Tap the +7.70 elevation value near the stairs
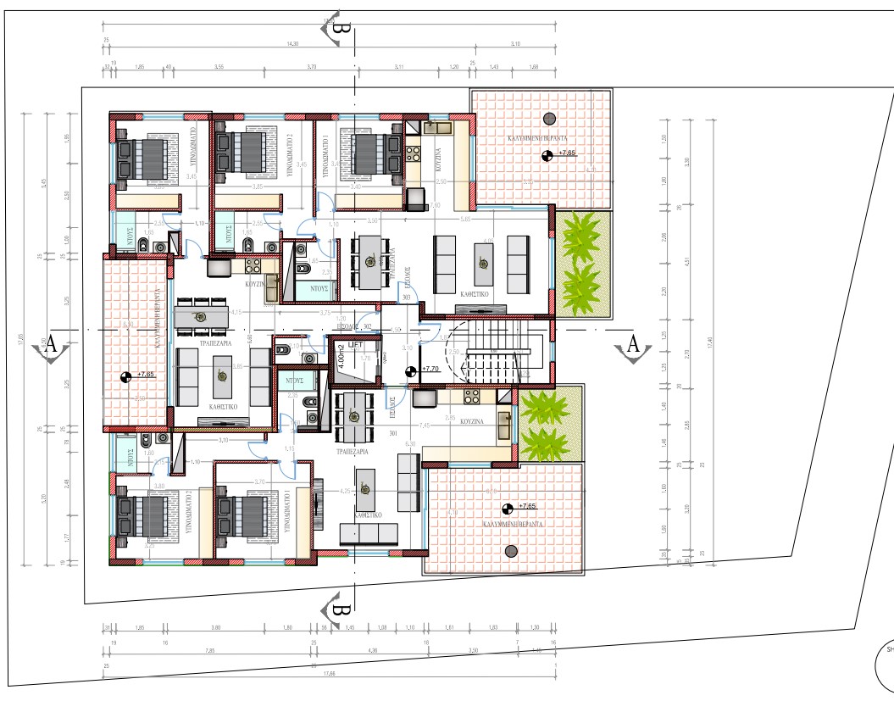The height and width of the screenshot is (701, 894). click(433, 370)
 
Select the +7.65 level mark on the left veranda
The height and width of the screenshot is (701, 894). click(147, 375)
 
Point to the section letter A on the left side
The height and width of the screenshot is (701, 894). click(50, 344)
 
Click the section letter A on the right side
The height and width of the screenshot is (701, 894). click(632, 344)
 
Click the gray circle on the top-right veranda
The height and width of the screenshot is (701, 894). click(549, 118)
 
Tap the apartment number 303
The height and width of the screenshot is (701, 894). click(407, 298)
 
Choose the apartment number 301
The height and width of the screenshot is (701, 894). click(392, 435)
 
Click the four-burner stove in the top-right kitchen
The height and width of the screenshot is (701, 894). click(414, 154)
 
